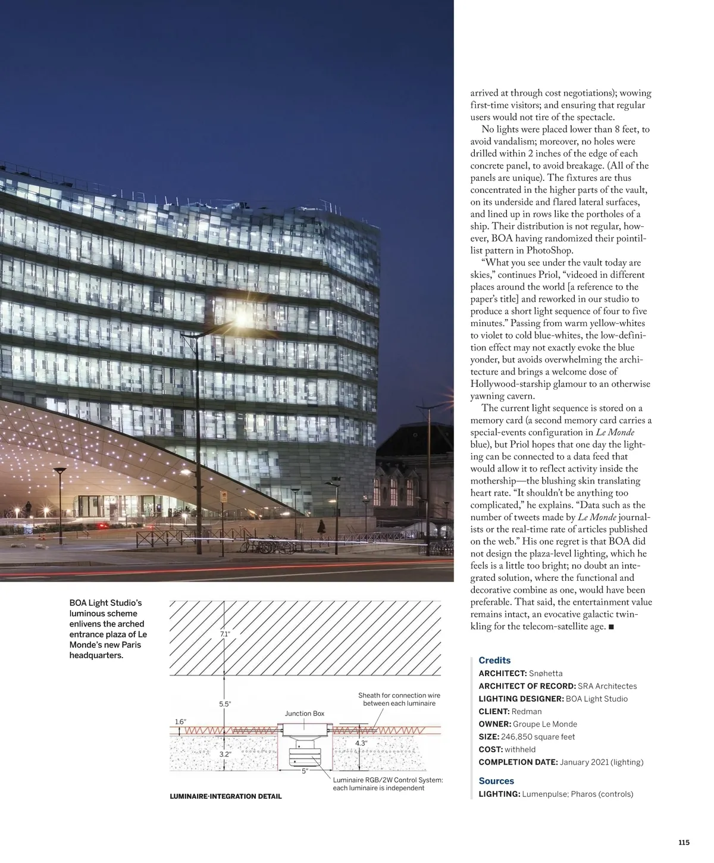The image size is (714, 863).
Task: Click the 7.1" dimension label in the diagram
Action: (224, 634)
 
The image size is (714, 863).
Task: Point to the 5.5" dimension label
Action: (225, 704)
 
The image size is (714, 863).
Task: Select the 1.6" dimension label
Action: (180, 722)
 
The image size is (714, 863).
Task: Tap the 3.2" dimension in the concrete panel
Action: (225, 754)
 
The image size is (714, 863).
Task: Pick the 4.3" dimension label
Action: (361, 743)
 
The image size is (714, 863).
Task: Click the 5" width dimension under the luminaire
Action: (305, 771)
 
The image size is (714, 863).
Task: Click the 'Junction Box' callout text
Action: (305, 714)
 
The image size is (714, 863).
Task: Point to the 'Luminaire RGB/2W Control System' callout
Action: (387, 784)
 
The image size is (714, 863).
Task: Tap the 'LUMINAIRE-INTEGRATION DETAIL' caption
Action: (226, 796)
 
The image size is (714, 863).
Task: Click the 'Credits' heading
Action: (494, 660)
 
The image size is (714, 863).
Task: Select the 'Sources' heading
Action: (496, 781)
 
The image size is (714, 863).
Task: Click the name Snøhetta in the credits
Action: (546, 673)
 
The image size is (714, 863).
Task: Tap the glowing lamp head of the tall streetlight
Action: (240, 320)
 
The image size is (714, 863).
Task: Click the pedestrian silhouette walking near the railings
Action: (321, 526)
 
